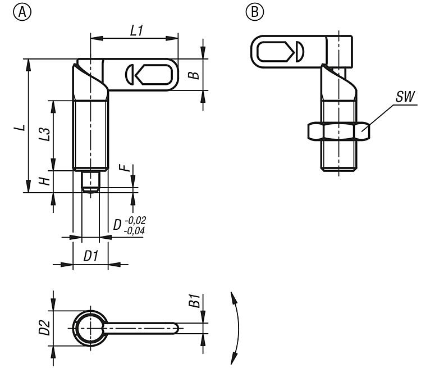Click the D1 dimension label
91,256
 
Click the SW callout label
404,97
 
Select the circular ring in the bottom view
88,328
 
